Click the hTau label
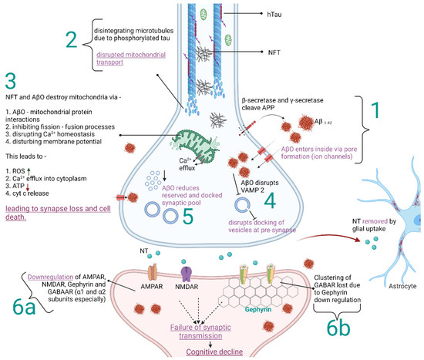[274, 15]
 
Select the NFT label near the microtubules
[274, 52]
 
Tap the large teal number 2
[72, 41]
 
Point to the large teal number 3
[11, 81]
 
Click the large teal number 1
[375, 110]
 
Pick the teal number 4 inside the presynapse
[270, 201]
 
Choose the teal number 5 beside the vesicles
[188, 217]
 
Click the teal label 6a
[24, 307]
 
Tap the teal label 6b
[338, 328]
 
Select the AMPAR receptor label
[152, 287]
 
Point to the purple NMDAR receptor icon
[187, 274]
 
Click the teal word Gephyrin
[258, 309]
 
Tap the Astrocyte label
[402, 286]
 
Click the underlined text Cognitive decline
[214, 352]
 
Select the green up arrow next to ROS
[29, 171]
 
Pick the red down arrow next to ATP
[27, 187]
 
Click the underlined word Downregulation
[51, 277]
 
